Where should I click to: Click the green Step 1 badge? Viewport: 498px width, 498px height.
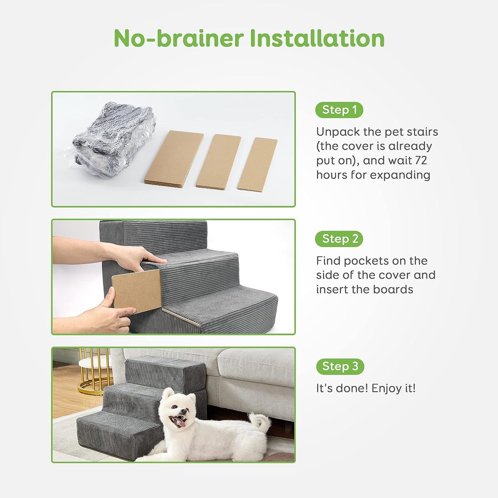coord(339,110)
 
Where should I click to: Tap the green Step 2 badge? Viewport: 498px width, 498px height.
coord(339,239)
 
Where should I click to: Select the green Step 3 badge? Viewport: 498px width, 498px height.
coord(340,366)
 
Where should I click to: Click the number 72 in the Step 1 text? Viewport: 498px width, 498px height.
coord(420,160)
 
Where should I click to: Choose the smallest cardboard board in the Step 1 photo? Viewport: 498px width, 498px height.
coord(257,164)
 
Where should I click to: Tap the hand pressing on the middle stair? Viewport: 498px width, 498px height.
coord(138,257)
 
